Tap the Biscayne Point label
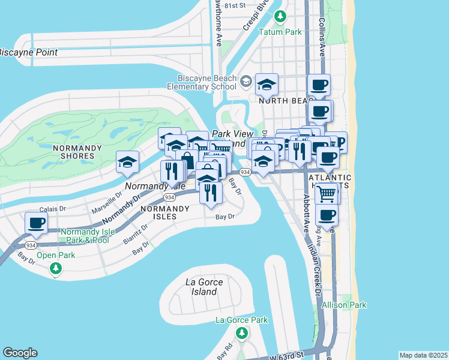click(28, 53)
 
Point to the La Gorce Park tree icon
click(242, 332)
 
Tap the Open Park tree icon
click(56, 268)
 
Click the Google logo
click(20, 353)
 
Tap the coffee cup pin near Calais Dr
click(36, 223)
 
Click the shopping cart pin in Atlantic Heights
click(326, 193)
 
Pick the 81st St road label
click(235, 5)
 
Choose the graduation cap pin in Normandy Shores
click(128, 162)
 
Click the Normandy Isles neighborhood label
click(164, 212)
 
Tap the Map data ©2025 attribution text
click(423, 355)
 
